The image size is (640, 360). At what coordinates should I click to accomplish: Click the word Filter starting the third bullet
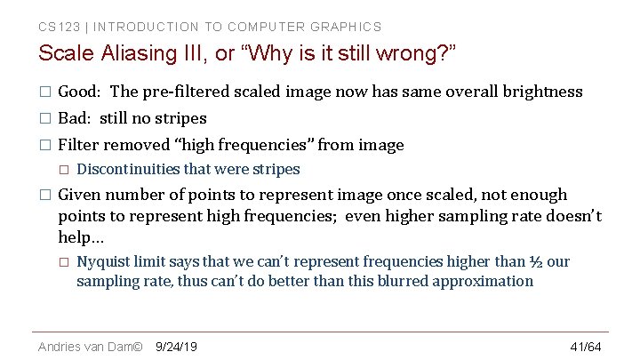pos(78,145)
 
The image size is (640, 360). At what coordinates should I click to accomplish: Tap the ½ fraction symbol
pos(536,261)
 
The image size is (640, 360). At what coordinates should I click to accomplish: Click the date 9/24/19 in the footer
pos(176,346)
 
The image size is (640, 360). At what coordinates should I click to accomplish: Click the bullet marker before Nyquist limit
pos(63,261)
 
